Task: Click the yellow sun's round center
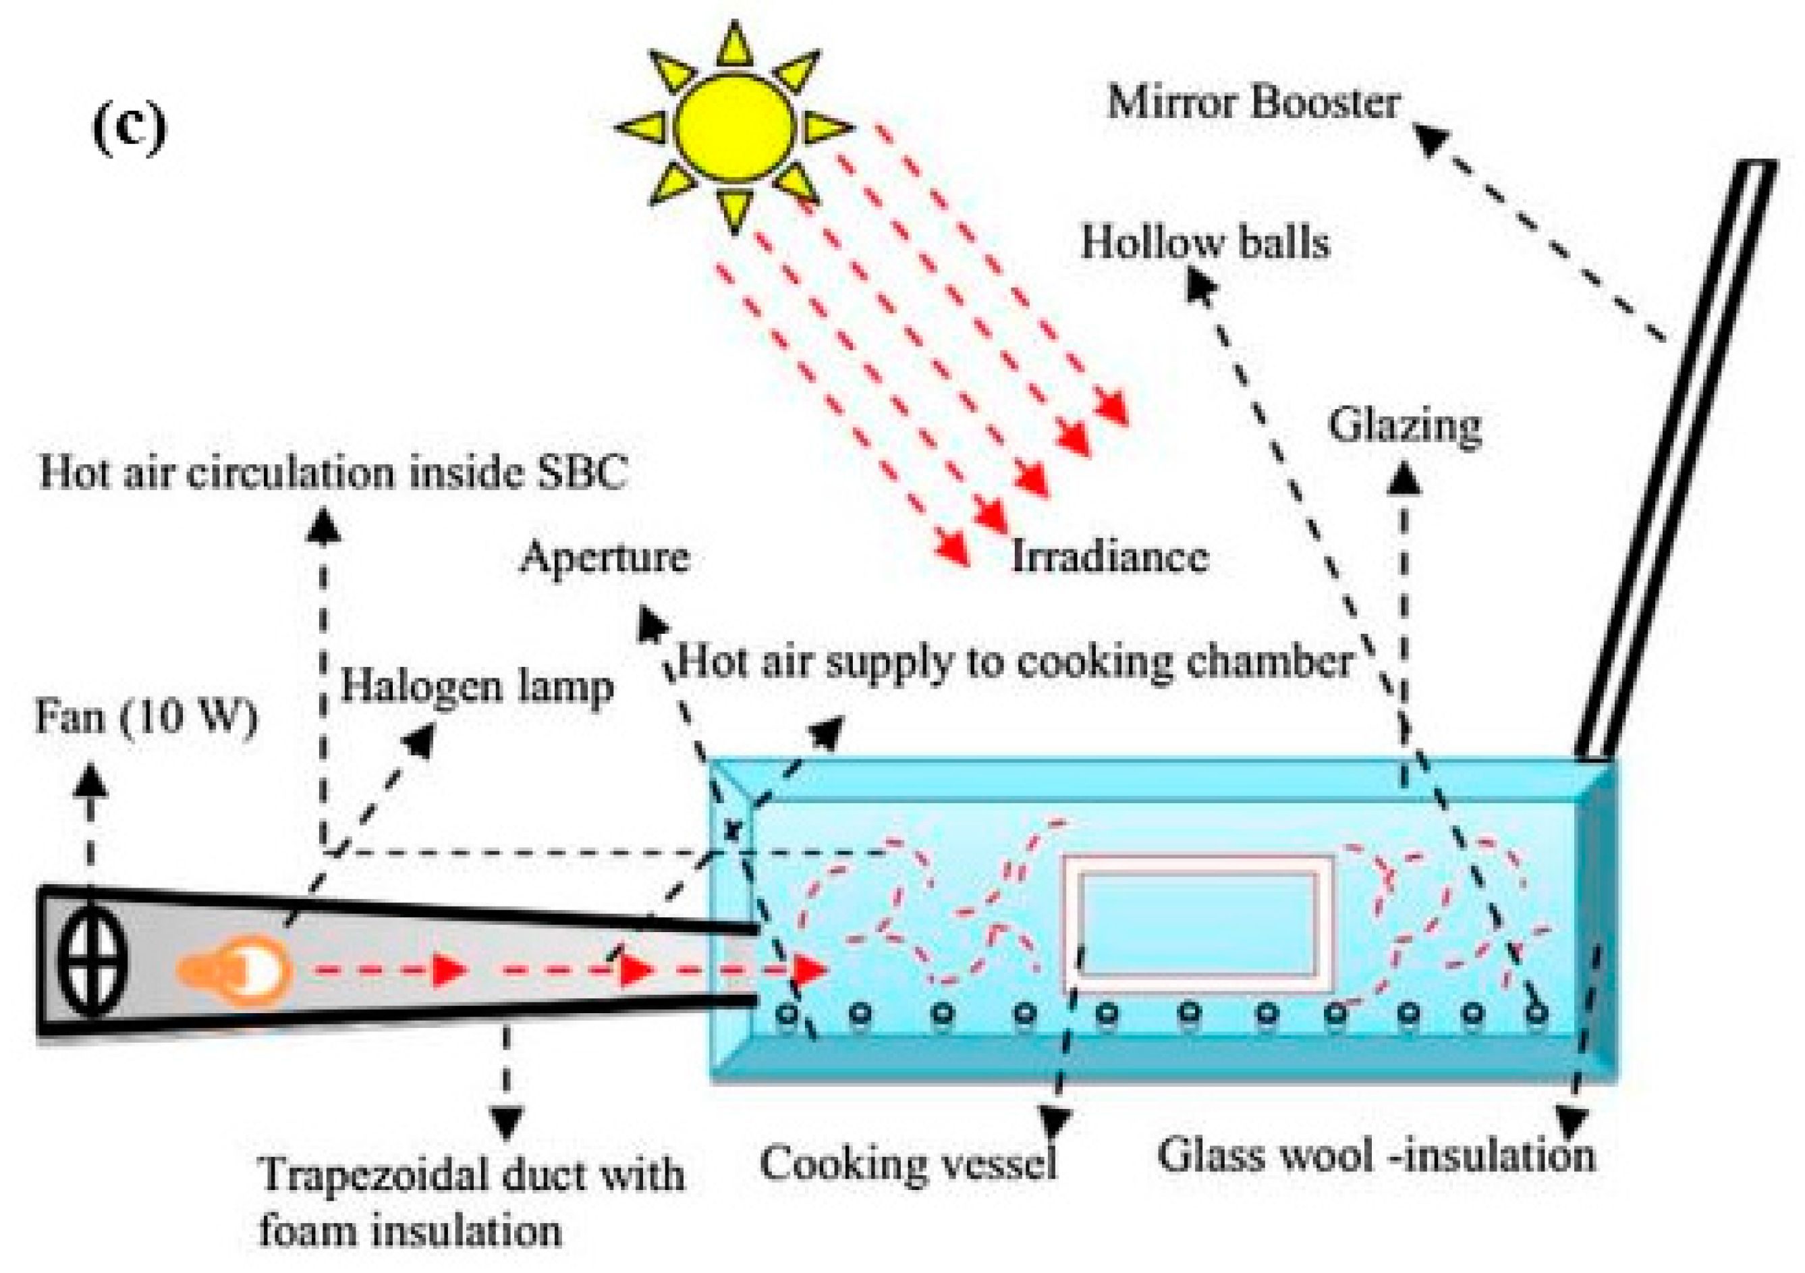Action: pos(734,128)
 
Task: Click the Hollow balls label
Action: pos(1205,242)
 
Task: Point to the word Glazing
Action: pos(1405,426)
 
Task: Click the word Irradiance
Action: pos(1109,557)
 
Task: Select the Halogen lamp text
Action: pos(476,686)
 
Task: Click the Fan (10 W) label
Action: pos(146,717)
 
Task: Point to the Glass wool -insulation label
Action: pos(1376,1156)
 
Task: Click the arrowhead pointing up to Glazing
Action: pos(1404,478)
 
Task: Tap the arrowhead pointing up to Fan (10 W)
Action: pos(92,781)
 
